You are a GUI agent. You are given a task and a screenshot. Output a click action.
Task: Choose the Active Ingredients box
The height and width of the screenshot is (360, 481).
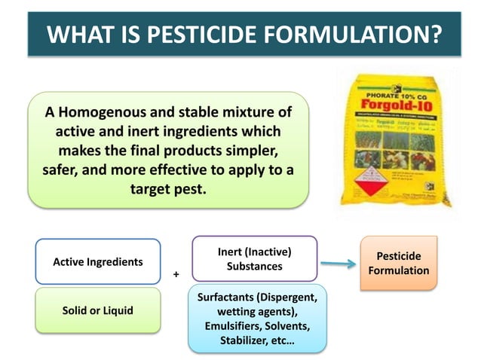point(98,261)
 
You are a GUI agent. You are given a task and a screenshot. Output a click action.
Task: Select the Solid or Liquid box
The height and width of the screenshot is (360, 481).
point(98,311)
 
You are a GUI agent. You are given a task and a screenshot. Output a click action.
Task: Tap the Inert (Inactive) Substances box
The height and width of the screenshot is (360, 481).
point(254,258)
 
